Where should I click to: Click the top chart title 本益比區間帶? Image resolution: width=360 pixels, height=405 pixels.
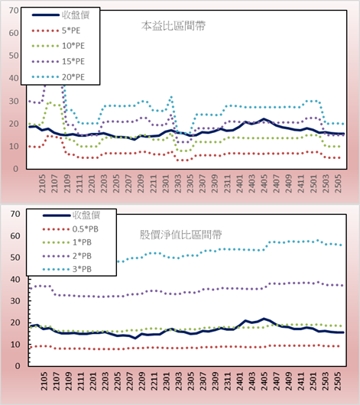click(174, 26)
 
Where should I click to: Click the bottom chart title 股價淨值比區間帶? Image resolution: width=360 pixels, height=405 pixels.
click(180, 235)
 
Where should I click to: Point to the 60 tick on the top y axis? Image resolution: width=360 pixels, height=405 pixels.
click(14, 33)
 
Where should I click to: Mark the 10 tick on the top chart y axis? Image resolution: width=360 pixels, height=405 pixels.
click(14, 146)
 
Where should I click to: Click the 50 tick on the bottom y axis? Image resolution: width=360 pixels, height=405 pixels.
click(15, 258)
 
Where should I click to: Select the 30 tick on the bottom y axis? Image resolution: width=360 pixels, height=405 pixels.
click(15, 301)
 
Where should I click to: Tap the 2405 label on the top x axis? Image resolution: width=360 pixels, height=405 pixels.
click(264, 183)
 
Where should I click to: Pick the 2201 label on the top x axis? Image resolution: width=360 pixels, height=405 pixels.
click(92, 183)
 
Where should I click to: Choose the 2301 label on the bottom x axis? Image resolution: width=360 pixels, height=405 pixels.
click(167, 381)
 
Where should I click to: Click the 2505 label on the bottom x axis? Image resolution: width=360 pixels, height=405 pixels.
click(338, 381)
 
